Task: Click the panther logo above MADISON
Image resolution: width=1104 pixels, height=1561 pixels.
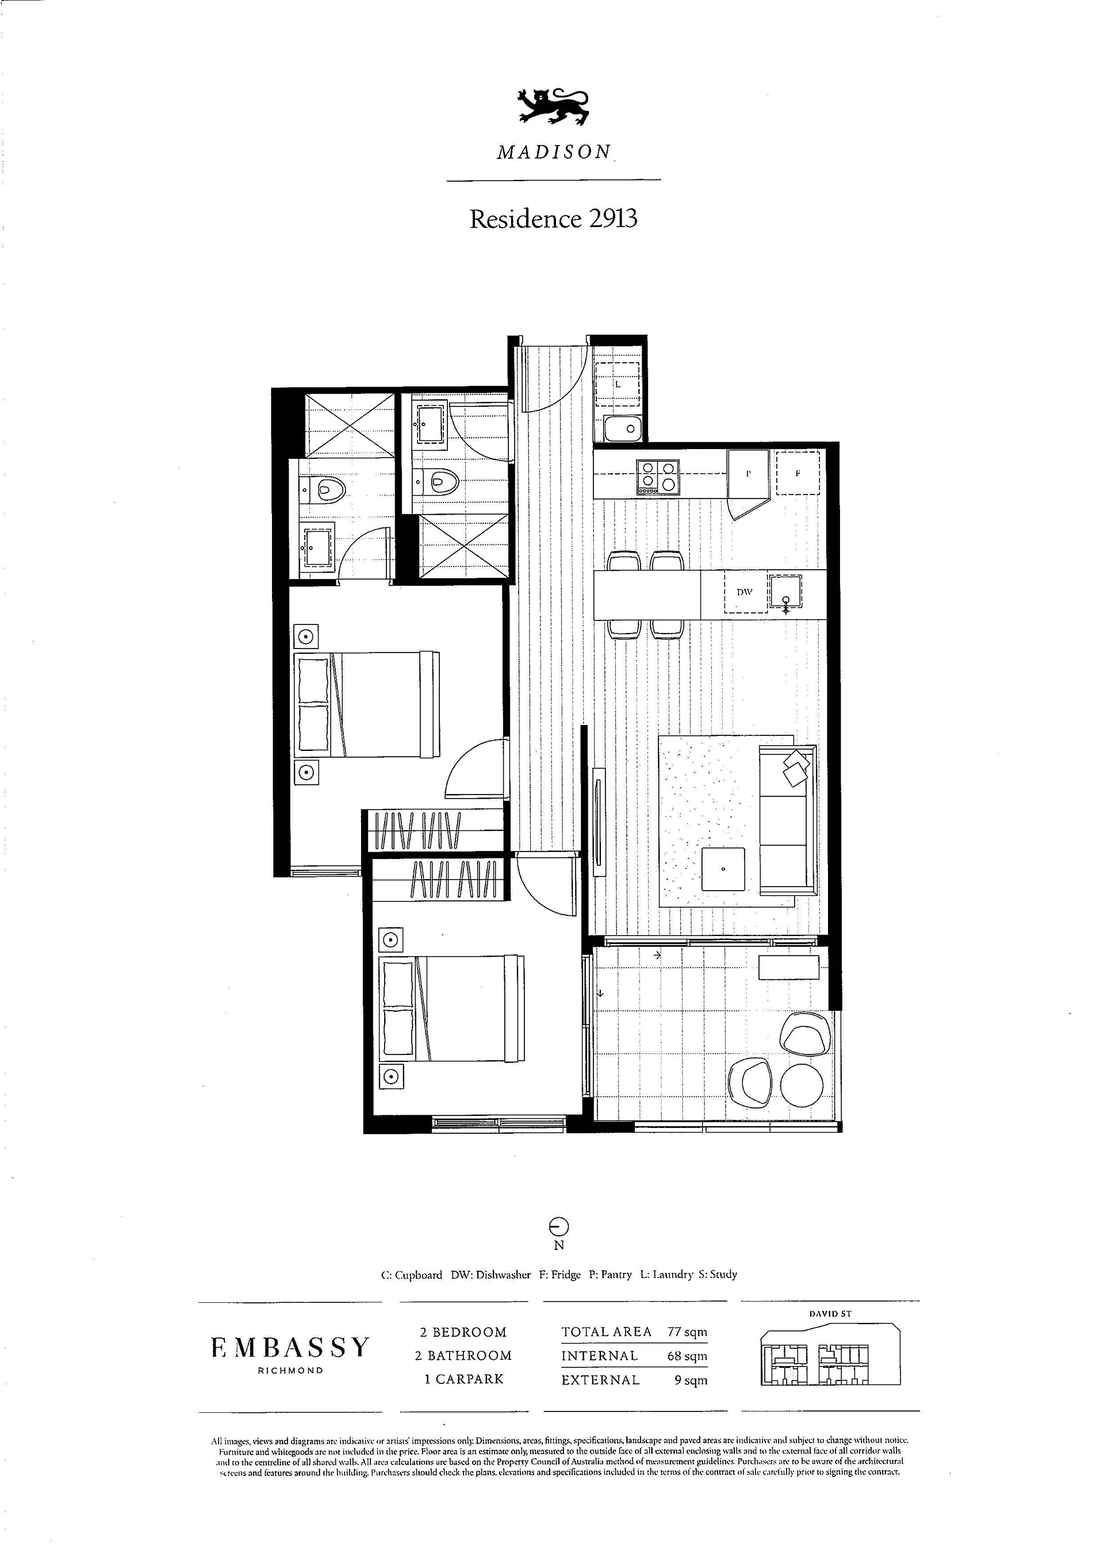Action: click(553, 107)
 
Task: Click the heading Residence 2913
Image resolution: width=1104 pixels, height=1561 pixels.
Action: click(553, 219)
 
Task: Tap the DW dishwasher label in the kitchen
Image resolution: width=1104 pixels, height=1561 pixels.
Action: click(745, 592)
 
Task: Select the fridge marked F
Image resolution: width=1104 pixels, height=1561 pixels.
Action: click(798, 473)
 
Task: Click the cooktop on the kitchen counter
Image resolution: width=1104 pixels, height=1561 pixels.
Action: click(657, 477)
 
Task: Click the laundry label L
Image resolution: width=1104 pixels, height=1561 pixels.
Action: click(618, 384)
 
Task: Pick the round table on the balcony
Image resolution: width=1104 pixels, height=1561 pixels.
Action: click(802, 1084)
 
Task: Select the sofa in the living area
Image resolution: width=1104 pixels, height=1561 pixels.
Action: click(787, 820)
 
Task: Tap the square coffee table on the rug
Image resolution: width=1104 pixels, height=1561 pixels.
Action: click(723, 869)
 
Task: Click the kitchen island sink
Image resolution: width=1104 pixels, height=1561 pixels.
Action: click(785, 592)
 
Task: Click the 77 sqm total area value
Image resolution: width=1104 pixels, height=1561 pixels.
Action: click(687, 1332)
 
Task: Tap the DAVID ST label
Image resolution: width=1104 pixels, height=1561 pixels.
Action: click(830, 1314)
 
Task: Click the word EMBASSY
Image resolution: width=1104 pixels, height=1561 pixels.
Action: click(290, 1348)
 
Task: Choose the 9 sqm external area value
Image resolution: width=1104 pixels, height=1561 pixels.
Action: click(691, 1380)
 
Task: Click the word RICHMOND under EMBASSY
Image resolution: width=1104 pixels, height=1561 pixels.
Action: click(290, 1371)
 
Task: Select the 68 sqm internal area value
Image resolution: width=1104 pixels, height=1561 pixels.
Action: click(687, 1356)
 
